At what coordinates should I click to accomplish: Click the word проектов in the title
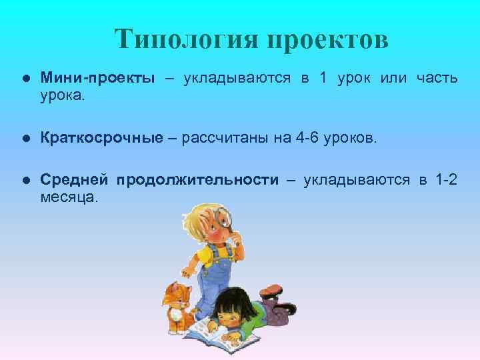327,40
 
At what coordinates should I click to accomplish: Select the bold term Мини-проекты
97,78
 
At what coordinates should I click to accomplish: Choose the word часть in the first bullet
437,78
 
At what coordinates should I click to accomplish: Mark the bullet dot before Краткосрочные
25,138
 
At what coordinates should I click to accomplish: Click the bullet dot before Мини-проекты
25,79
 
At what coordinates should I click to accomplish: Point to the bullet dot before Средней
25,181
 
